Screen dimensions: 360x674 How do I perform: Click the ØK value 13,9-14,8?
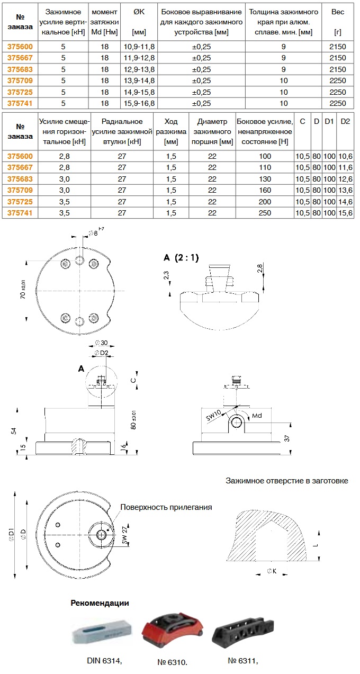(x=139, y=80)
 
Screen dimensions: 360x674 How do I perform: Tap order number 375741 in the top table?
(x=20, y=103)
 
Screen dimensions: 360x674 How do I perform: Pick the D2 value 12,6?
(x=345, y=179)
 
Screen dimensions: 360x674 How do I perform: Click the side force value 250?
(x=265, y=213)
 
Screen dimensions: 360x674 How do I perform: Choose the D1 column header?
(x=329, y=122)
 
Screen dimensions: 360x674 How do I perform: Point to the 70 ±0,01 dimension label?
(x=23, y=290)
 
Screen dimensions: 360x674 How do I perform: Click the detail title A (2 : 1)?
(x=181, y=257)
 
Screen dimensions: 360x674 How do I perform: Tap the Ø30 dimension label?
(x=101, y=343)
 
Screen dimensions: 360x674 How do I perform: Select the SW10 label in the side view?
(x=213, y=416)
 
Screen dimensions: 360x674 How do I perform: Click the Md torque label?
(x=257, y=416)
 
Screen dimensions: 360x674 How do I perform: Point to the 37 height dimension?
(x=287, y=438)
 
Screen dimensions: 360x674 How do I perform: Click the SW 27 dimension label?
(x=125, y=535)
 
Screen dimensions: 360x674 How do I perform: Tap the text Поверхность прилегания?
(x=166, y=507)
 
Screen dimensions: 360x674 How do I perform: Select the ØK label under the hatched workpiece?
(x=272, y=571)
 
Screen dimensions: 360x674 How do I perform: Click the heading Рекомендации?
(x=100, y=603)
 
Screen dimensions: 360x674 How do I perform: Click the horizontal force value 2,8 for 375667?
(x=65, y=168)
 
